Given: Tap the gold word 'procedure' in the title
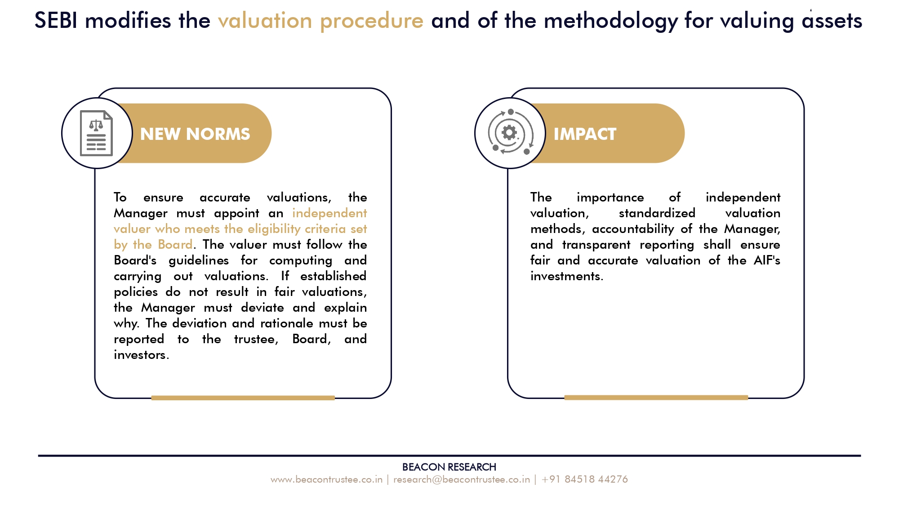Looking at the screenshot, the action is pyautogui.click(x=372, y=21).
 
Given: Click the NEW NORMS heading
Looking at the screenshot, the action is pyautogui.click(x=195, y=134).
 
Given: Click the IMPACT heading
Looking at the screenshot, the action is pyautogui.click(x=585, y=134).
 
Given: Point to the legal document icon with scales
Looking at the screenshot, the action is pyautogui.click(x=96, y=133).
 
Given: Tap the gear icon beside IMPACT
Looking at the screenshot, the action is pyautogui.click(x=510, y=133).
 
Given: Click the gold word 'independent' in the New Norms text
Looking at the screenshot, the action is pyautogui.click(x=329, y=213).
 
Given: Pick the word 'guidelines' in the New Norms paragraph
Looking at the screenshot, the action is pyautogui.click(x=199, y=260).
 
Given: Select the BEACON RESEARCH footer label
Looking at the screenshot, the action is pyautogui.click(x=449, y=467).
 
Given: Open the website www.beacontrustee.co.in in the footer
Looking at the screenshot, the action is pyautogui.click(x=326, y=479).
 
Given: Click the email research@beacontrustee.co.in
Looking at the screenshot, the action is pyautogui.click(x=462, y=479).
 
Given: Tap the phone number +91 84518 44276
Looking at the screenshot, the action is pyautogui.click(x=585, y=479).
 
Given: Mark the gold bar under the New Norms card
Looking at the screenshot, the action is pyautogui.click(x=243, y=398).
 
